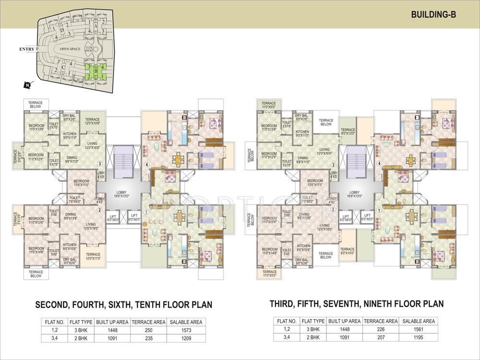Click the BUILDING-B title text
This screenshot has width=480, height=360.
tap(433, 14)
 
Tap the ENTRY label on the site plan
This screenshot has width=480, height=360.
tap(28, 49)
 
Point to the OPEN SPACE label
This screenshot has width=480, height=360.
tap(69, 49)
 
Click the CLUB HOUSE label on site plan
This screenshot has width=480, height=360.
tap(88, 49)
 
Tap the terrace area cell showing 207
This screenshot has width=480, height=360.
tap(382, 338)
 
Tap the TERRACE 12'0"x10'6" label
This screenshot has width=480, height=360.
tap(93, 121)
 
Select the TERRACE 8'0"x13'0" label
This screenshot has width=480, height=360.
tap(348, 132)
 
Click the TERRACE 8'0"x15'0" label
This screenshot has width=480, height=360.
tap(348, 252)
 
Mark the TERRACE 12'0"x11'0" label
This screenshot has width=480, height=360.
tap(93, 257)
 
